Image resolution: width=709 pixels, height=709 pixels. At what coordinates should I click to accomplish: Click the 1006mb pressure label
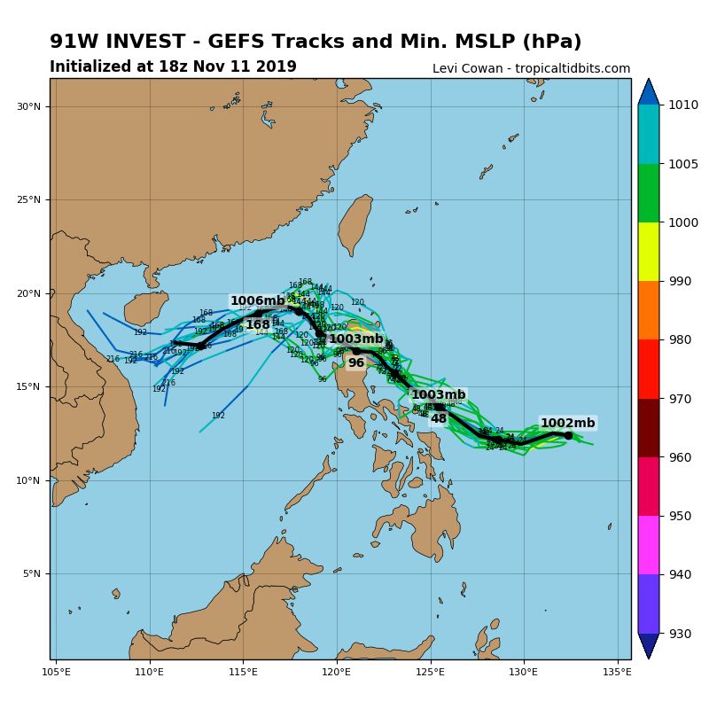point(258,301)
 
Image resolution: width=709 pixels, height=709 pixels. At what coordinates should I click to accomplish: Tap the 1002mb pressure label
point(567,423)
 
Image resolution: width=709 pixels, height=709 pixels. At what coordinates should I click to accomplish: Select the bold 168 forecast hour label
point(258,325)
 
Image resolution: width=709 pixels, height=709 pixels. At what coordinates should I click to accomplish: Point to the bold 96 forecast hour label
point(355,362)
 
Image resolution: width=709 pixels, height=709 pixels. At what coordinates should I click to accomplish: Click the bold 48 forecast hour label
point(438,418)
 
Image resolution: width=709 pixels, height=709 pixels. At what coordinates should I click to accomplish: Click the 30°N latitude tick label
point(29,106)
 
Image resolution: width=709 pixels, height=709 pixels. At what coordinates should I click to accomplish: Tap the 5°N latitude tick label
point(32,574)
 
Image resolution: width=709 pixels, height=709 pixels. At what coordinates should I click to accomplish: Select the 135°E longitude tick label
point(617,671)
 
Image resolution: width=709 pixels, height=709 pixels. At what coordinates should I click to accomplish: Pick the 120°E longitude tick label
point(337,671)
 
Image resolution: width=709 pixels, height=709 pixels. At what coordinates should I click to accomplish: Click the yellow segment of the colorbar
point(649,251)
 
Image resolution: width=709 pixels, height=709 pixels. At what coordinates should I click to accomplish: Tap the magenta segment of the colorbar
point(649,544)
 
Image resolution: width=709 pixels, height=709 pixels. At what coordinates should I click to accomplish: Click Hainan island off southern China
point(145,308)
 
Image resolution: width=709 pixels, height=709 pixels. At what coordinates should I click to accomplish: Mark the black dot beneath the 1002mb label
point(568,435)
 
